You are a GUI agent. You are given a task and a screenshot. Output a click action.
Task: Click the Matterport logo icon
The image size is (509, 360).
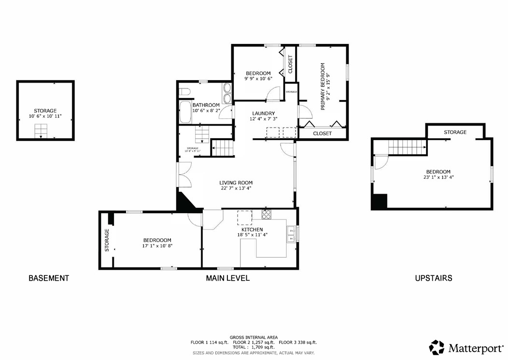point(437,347)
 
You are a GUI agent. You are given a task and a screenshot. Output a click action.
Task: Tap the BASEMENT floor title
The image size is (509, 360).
point(49,278)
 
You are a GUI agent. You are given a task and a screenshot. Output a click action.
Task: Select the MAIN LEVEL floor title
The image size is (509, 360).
point(228,278)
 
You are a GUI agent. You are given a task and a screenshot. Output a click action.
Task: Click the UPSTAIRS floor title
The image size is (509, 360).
point(434,278)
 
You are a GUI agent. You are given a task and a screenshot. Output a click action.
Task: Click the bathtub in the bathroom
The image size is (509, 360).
point(184,113)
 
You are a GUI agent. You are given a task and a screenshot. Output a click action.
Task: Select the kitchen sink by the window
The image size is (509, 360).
point(291,234)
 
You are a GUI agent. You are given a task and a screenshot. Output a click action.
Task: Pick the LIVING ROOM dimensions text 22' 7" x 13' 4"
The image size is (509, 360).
point(236,189)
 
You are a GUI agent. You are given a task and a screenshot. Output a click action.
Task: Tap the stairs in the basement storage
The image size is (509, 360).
point(41,130)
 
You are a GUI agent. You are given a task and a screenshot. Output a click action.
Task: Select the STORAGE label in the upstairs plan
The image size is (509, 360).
point(455,132)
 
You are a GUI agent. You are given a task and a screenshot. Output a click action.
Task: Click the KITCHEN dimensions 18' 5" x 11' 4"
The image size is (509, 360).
point(252,235)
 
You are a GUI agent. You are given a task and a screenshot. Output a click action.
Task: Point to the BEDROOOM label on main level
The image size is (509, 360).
point(157,240)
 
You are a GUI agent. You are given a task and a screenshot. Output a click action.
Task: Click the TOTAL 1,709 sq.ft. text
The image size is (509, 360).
point(253,347)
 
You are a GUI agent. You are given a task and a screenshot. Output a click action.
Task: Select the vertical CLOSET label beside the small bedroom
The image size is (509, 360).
point(290,64)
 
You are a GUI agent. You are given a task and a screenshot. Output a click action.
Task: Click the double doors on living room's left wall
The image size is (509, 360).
point(184,174)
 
